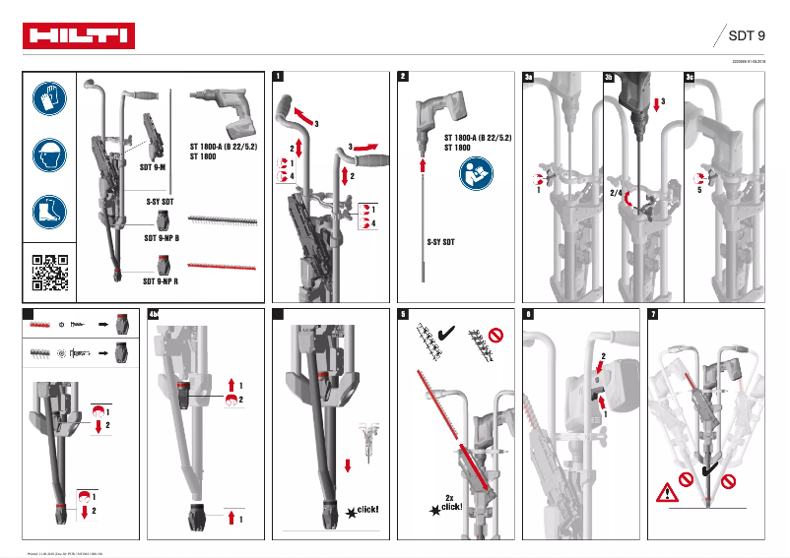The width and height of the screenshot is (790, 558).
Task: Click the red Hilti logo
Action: coord(79,36)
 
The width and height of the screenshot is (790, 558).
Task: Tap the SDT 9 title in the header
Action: coord(746,36)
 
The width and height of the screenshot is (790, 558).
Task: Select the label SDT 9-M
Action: coord(154,167)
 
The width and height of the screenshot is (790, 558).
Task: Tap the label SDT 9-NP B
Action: coord(167,238)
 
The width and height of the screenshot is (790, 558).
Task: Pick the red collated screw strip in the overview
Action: coord(222,266)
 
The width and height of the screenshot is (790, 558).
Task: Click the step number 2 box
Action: coord(403,76)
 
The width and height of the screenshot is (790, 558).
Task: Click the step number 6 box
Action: coord(529,314)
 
